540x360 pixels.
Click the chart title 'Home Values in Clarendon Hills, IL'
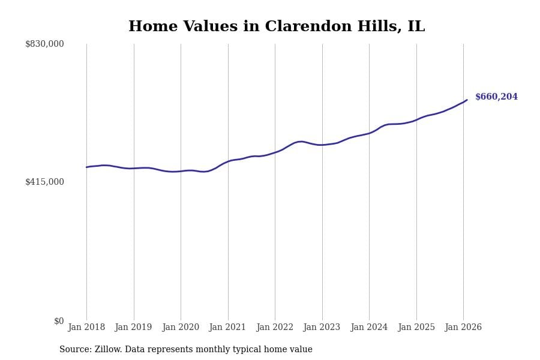276,27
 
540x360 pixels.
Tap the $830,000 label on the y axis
44,44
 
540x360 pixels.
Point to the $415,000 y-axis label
44,182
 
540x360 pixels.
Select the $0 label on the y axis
59,321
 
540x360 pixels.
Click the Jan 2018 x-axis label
86,328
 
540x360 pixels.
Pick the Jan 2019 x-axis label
133,328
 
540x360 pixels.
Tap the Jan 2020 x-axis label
181,328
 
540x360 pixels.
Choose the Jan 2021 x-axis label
227,328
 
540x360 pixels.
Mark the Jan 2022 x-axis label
275,328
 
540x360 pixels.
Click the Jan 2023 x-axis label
322,328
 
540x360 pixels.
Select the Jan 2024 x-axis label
369,328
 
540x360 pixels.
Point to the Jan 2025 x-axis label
416,328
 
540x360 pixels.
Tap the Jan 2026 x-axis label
463,328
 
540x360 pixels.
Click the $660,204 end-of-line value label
496,97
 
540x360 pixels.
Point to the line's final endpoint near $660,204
467,100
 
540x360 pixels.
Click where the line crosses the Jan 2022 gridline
275,152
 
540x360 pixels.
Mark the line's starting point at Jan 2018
86,167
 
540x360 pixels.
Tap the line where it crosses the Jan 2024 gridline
369,133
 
